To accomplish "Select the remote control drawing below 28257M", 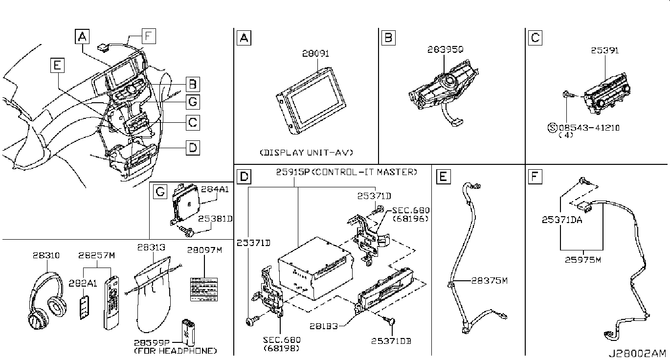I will point(111,302).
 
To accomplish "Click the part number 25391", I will point(605,51).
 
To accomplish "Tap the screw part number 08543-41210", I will point(589,128).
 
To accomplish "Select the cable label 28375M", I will point(490,281).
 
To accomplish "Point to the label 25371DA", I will point(561,220).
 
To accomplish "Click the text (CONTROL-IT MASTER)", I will point(365,172).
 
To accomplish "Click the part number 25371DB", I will point(391,340).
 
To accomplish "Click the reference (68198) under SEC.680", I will point(281,348).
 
